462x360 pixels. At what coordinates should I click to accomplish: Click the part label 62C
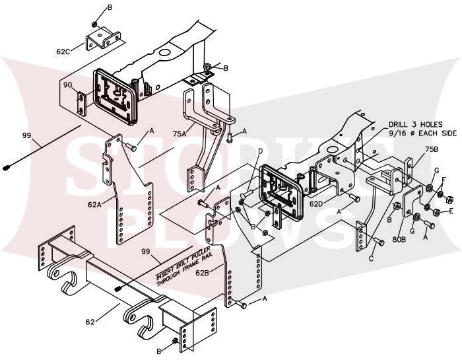click(63, 52)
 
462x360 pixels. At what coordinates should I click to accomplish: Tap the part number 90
click(68, 85)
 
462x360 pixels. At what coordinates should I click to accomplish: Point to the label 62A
click(94, 204)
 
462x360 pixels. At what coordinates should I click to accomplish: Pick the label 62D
click(317, 203)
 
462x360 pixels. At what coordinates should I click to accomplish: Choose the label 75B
click(432, 149)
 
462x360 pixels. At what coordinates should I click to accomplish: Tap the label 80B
click(399, 239)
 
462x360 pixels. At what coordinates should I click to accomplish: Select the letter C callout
click(371, 258)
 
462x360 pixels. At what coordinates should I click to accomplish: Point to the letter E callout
click(451, 211)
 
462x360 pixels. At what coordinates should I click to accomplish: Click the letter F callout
click(444, 179)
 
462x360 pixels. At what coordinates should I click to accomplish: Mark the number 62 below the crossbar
click(90, 322)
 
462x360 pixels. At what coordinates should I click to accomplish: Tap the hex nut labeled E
click(437, 211)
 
